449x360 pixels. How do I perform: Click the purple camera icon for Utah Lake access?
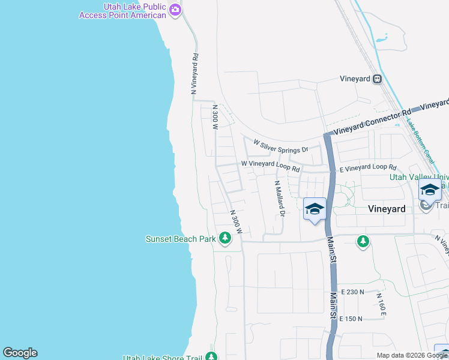tap(175, 10)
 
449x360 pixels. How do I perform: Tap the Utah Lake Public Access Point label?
tap(123, 10)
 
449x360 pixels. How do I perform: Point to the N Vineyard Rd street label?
tap(194, 73)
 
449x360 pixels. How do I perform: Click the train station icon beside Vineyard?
tap(377, 79)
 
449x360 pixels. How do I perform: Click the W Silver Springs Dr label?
tap(280, 146)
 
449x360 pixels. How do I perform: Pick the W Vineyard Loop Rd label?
tap(270, 165)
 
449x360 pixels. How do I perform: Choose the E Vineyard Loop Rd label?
tap(368, 169)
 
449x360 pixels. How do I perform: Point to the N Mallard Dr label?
tap(279, 199)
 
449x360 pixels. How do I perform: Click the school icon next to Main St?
tap(315, 209)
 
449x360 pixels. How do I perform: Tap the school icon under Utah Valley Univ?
tap(430, 190)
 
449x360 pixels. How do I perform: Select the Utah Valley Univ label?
tap(419, 177)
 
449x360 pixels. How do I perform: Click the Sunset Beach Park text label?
tap(181, 239)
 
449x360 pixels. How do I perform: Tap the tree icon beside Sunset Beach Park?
tap(225, 239)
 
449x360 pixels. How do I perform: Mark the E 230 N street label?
tap(352, 292)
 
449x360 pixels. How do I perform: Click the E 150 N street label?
tap(351, 319)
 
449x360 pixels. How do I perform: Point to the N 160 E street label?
tap(381, 304)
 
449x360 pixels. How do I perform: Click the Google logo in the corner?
tap(20, 353)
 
